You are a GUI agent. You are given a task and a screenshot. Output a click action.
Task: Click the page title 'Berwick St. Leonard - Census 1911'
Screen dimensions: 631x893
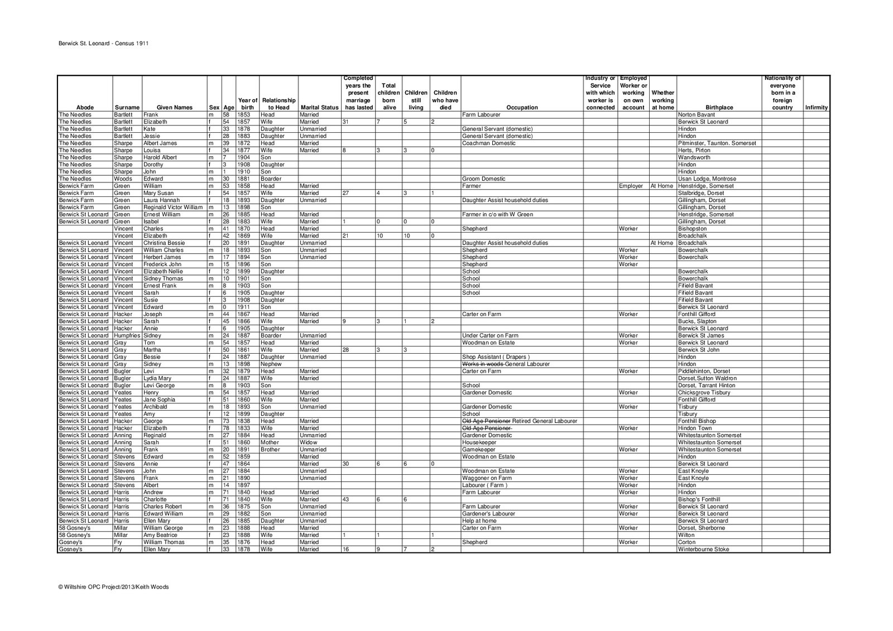(103, 42)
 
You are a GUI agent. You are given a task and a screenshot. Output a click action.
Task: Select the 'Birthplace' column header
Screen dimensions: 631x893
(719, 108)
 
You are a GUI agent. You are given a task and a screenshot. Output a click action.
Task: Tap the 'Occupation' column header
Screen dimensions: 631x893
(522, 108)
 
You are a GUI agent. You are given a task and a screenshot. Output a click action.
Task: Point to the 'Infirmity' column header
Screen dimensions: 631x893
(816, 108)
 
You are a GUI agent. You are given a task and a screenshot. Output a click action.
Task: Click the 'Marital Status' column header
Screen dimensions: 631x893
(319, 108)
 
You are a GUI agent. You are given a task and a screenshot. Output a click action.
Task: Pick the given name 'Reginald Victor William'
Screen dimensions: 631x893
(173, 208)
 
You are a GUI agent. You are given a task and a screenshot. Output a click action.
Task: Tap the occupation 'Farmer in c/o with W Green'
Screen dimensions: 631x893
(497, 215)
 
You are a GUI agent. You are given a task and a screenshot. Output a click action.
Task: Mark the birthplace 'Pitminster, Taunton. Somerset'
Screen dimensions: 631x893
(717, 143)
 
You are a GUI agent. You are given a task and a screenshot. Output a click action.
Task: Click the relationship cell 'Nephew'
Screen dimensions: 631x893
(271, 364)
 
